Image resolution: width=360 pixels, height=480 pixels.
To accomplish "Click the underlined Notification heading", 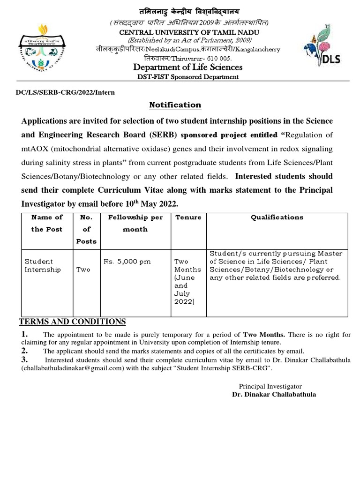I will [175, 105].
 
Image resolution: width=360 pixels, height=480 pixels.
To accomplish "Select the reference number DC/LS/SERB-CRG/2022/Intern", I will [66, 92].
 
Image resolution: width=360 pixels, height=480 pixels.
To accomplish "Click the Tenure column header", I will [188, 217].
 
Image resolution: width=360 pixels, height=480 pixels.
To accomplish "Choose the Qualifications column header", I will [277, 217].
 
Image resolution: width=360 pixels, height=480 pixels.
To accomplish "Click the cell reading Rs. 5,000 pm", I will [127, 262].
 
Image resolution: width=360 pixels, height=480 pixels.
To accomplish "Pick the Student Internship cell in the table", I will [43, 265].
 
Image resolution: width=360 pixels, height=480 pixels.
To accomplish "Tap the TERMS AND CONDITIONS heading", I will [72, 322].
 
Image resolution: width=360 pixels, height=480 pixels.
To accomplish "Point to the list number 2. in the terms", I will [25, 351].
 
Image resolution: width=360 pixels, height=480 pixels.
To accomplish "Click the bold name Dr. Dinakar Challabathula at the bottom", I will [274, 394].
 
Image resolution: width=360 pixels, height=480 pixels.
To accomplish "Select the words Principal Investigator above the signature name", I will [270, 386].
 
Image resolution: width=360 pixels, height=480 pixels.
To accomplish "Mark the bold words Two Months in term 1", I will [263, 335].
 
